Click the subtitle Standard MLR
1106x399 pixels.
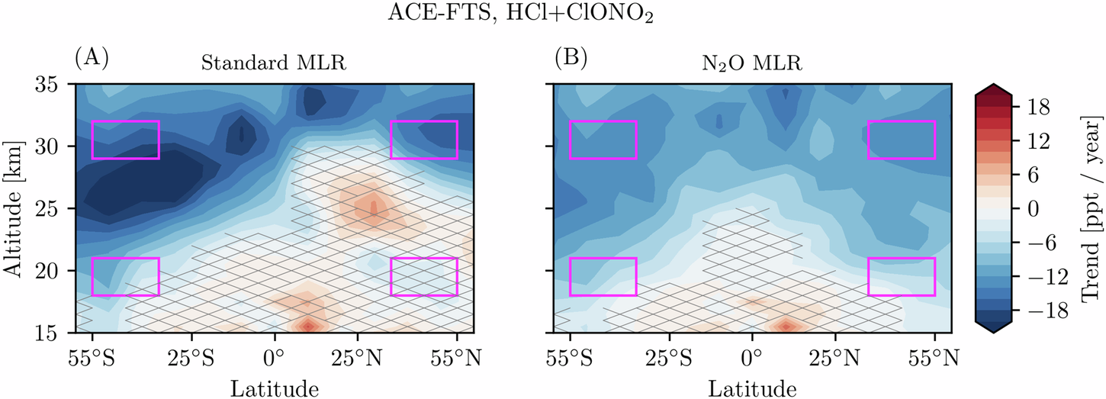[274, 63]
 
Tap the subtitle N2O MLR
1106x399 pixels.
[751, 63]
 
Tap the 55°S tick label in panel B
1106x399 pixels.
[570, 356]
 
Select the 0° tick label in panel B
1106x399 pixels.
[752, 356]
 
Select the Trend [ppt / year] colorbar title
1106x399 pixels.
[1086, 208]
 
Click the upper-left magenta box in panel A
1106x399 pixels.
[125, 140]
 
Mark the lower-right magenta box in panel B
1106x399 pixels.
[901, 277]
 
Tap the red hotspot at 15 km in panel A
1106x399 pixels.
[307, 326]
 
